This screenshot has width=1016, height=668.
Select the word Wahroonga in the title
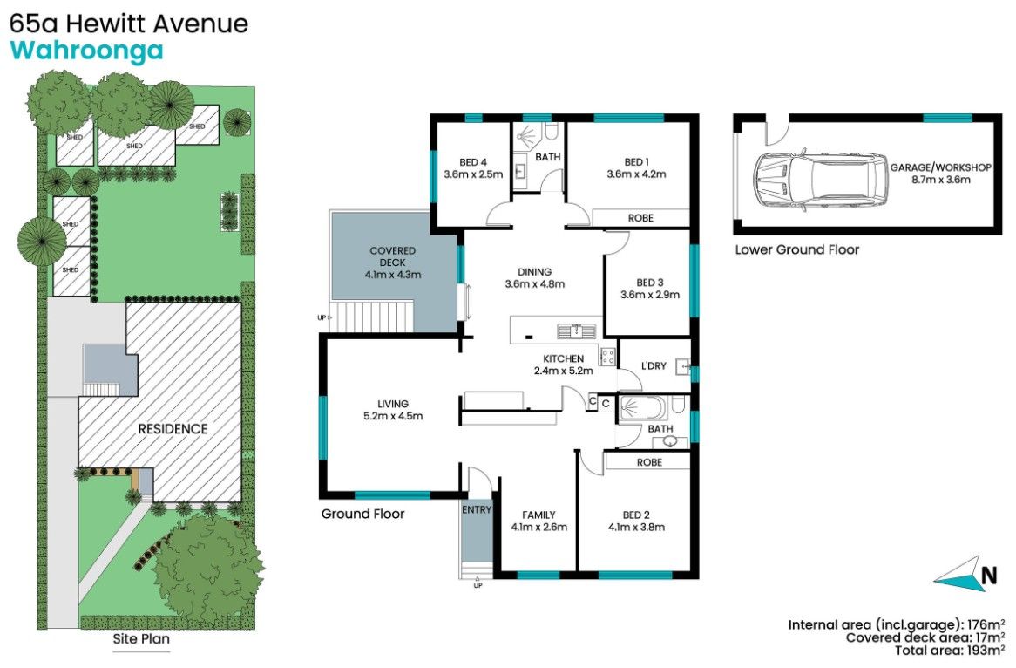pos(86,51)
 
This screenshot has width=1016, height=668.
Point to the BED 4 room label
pos(473,161)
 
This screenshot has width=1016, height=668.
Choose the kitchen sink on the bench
pos(576,330)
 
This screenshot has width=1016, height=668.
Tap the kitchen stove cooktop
pos(606,356)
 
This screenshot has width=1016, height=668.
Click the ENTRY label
pos(477,510)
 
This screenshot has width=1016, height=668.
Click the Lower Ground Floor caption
pos(796,249)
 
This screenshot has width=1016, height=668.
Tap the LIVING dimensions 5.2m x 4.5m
pos(393,416)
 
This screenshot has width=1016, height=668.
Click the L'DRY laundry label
pos(653,366)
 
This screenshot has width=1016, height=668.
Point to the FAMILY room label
pos(538,515)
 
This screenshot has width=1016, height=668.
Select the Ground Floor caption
pos(362,514)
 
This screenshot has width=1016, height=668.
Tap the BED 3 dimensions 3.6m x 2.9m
pos(649,295)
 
